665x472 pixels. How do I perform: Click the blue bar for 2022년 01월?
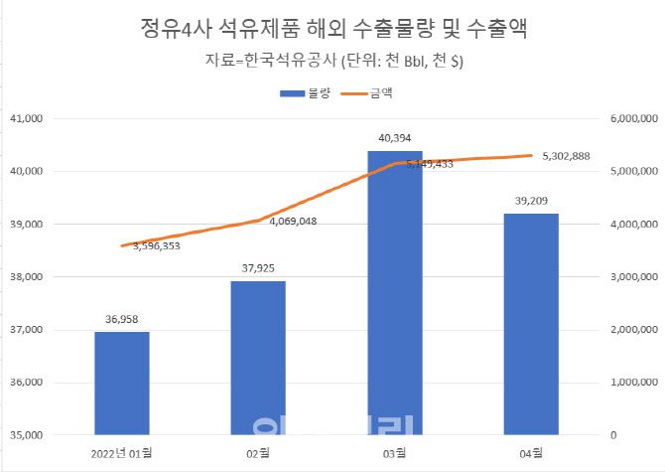click(122, 383)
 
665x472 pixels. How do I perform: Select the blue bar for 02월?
click(258, 358)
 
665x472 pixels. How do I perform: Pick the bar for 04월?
click(530, 323)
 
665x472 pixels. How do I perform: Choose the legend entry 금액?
click(366, 93)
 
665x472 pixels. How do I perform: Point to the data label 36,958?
click(122, 320)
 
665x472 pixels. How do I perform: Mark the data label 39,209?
click(530, 201)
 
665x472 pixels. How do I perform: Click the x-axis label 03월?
click(394, 453)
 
